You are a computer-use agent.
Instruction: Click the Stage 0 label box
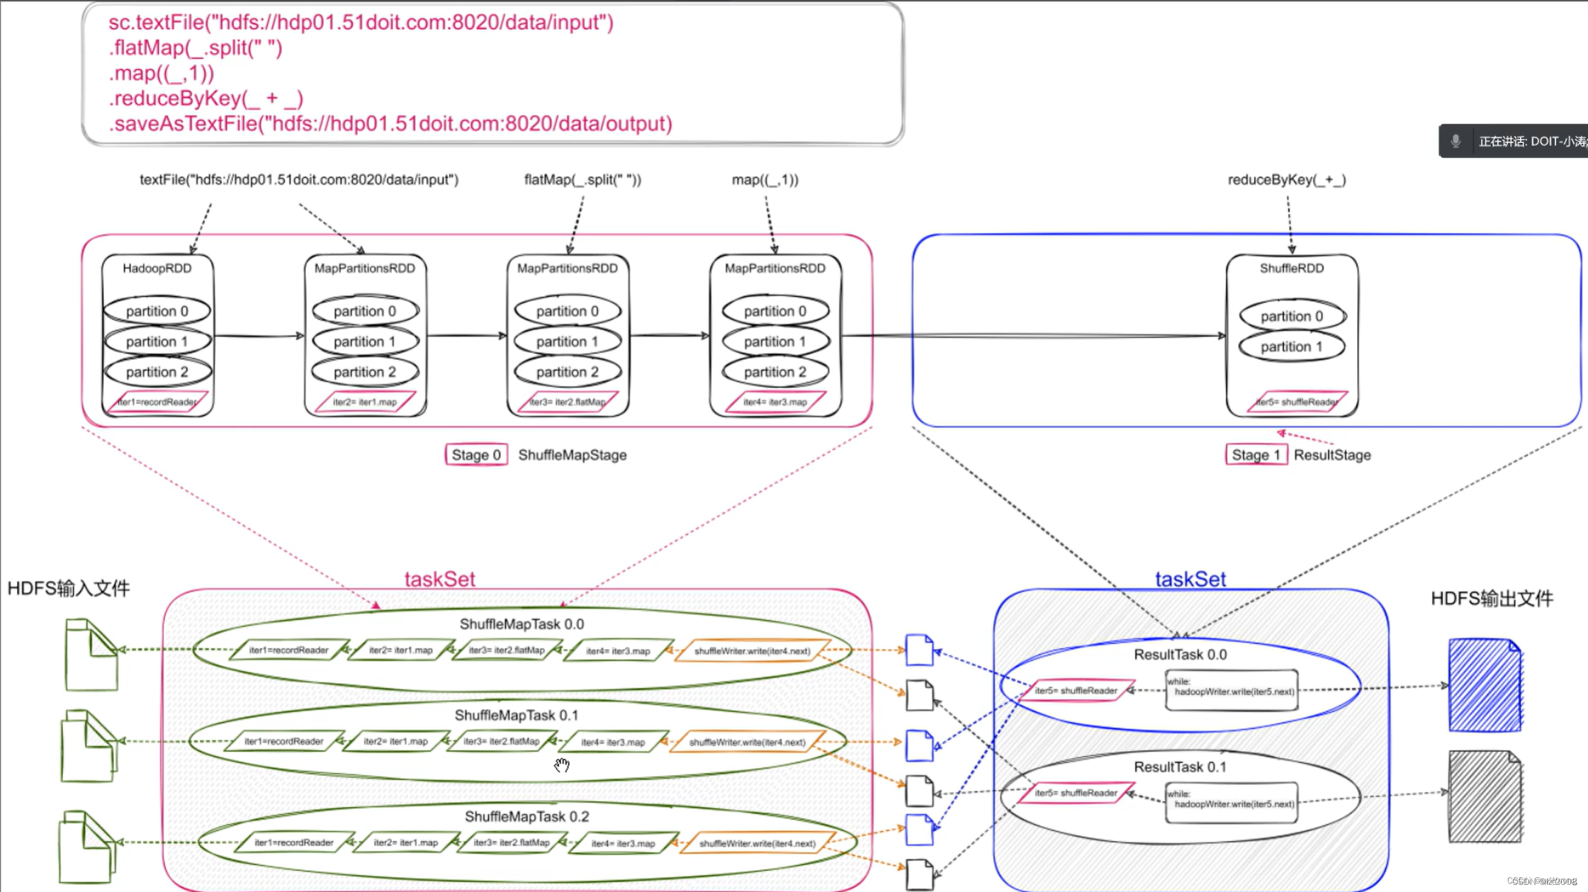[x=475, y=455]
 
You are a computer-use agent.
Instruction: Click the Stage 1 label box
[x=1256, y=455]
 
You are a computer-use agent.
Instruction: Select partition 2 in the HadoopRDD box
[x=157, y=372]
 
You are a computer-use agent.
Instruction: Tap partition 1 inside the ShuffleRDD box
[x=1291, y=346]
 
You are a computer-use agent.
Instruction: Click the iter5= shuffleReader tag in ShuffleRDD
[x=1297, y=402]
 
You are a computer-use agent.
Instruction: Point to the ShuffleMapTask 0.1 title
[x=516, y=715]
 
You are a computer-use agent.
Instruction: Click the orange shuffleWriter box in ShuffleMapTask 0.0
[x=752, y=650]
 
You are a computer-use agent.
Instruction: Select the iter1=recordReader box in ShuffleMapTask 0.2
[x=293, y=842]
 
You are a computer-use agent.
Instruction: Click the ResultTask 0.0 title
[x=1180, y=654]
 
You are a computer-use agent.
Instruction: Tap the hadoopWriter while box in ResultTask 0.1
[x=1232, y=802]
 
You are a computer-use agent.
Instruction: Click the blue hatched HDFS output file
[x=1485, y=685]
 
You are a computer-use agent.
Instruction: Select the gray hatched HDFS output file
[x=1485, y=796]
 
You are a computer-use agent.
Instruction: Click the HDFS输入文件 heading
[x=69, y=588]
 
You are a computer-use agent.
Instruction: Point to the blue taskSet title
[x=1190, y=579]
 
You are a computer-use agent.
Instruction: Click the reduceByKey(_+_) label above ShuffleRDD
[x=1286, y=179]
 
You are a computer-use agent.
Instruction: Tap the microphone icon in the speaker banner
[x=1455, y=141]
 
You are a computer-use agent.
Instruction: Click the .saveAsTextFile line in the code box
[x=390, y=123]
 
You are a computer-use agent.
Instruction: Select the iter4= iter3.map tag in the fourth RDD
[x=775, y=402]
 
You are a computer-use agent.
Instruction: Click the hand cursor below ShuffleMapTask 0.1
[x=562, y=765]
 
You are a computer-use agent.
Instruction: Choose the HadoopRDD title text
[x=157, y=268]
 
